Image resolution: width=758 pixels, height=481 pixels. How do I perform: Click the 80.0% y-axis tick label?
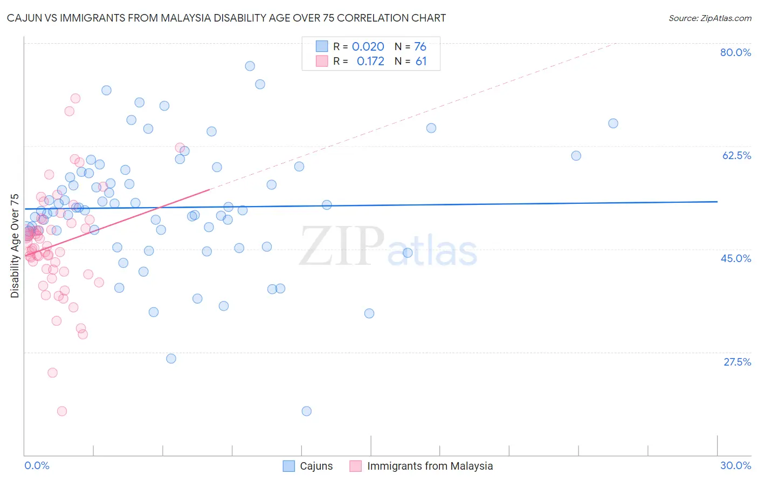point(735,52)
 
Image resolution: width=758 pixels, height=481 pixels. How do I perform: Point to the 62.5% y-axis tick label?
point(736,155)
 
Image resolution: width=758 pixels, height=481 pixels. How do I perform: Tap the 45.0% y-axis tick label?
point(736,258)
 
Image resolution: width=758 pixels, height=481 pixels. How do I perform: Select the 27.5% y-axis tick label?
point(737,362)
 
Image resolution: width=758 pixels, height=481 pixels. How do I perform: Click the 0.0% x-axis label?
point(37,465)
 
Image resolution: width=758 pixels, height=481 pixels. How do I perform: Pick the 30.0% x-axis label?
point(735,465)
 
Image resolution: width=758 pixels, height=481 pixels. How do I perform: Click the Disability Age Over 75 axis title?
point(15,245)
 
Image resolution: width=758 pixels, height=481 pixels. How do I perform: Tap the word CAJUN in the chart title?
point(24,18)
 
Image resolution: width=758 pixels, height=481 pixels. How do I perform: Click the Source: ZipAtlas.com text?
point(709,18)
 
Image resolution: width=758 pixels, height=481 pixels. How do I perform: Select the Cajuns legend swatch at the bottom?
point(289,466)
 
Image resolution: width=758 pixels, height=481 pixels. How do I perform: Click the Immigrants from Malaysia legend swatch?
point(355,466)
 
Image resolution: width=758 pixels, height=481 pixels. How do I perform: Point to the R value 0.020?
point(368,47)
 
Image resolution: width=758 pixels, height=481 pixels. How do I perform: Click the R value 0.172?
point(370,61)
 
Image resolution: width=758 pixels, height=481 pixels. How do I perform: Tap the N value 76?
point(420,47)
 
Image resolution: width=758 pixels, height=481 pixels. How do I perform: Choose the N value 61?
point(421,61)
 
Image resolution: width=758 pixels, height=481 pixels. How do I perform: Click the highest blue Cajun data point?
point(250,66)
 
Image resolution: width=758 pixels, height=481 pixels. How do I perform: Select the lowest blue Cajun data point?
point(306,411)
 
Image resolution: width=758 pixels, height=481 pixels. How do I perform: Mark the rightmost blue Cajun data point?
point(613,123)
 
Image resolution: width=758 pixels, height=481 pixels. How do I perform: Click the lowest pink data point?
point(62,411)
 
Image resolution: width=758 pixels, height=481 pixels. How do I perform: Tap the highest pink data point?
point(75,98)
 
